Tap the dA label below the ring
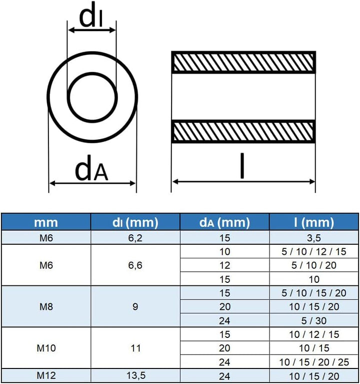[91, 170]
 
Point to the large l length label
[242, 167]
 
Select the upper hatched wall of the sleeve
[243, 62]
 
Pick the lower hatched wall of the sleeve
[243, 131]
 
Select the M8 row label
[45, 306]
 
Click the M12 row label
[45, 375]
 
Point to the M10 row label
[45, 347]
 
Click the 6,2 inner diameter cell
[135, 238]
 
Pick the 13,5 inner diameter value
[135, 375]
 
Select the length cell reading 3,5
[314, 238]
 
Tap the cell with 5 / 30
[314, 320]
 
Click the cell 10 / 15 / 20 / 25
[314, 361]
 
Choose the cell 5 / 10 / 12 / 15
[314, 251]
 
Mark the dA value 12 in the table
[224, 265]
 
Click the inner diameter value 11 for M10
[135, 347]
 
